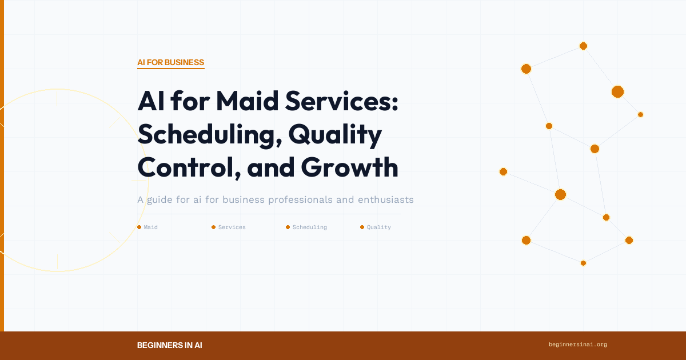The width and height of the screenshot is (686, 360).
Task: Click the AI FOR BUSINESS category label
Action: coord(170,62)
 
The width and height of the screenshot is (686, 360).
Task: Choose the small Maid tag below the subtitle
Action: coord(150,227)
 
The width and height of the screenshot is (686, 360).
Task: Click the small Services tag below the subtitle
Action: coord(232,227)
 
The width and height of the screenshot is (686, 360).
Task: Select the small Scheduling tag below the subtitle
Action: coord(309,227)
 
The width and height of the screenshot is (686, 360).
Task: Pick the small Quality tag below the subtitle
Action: coord(378,227)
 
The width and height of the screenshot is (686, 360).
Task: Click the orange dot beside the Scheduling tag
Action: coord(288,227)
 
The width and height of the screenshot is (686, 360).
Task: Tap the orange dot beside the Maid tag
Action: coord(139,227)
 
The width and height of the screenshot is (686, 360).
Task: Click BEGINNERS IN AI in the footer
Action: coord(169,345)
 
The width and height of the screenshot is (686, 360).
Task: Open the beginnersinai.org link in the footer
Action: coord(577,345)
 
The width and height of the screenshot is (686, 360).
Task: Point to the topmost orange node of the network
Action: coord(583,46)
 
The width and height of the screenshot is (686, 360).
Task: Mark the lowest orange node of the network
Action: coord(583,263)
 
